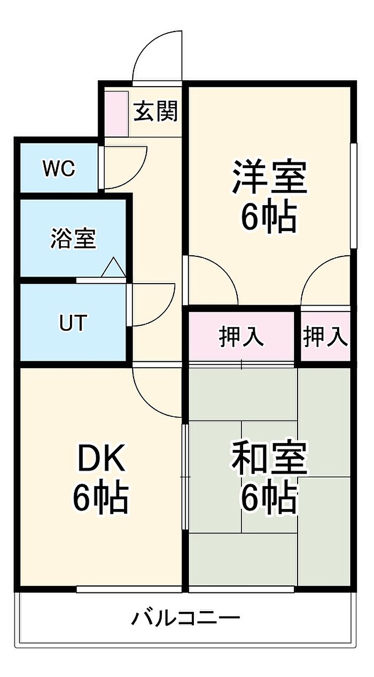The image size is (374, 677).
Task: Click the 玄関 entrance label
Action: pyautogui.click(x=155, y=111)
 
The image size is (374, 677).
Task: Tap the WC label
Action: pyautogui.click(x=59, y=169)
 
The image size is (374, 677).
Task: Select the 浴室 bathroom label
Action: pyautogui.click(x=73, y=239)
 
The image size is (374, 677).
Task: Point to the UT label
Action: pyautogui.click(x=73, y=323)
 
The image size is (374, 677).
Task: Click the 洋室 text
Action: pyautogui.click(x=269, y=177)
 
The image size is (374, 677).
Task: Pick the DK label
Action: pyautogui.click(x=102, y=459)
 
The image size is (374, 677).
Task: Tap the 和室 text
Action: pyautogui.click(x=269, y=459)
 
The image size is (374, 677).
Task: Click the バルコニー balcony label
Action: pyautogui.click(x=186, y=619)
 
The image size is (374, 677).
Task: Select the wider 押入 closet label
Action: pyautogui.click(x=241, y=337)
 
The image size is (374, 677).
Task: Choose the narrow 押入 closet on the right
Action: pyautogui.click(x=325, y=337)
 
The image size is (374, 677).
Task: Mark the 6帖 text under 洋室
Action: pyautogui.click(x=269, y=217)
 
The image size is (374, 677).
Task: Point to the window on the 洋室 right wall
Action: pyautogui.click(x=353, y=195)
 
